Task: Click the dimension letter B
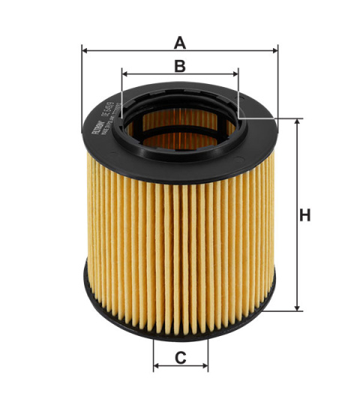click(179, 65)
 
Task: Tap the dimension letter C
click(181, 357)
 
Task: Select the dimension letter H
click(304, 216)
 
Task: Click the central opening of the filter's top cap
click(180, 124)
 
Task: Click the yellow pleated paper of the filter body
click(180, 225)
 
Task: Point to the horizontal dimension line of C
click(181, 367)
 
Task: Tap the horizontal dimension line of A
click(135, 51)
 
